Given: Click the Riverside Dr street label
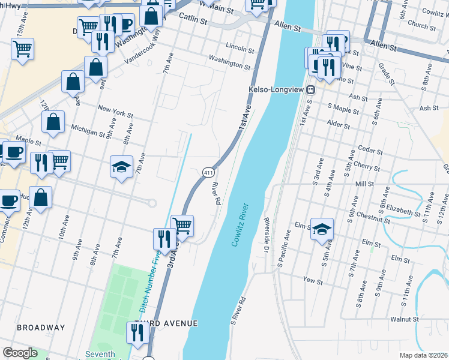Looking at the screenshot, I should pyautogui.click(x=268, y=235).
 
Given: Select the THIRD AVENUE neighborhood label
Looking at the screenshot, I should pyautogui.click(x=166, y=323).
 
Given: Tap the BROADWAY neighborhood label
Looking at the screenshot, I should pyautogui.click(x=41, y=328).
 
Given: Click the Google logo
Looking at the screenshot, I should pyautogui.click(x=20, y=353).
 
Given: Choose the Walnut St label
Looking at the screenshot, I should pyautogui.click(x=403, y=320).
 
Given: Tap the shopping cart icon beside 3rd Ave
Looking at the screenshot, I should pyautogui.click(x=182, y=226).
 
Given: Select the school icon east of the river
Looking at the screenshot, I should pyautogui.click(x=322, y=229).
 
